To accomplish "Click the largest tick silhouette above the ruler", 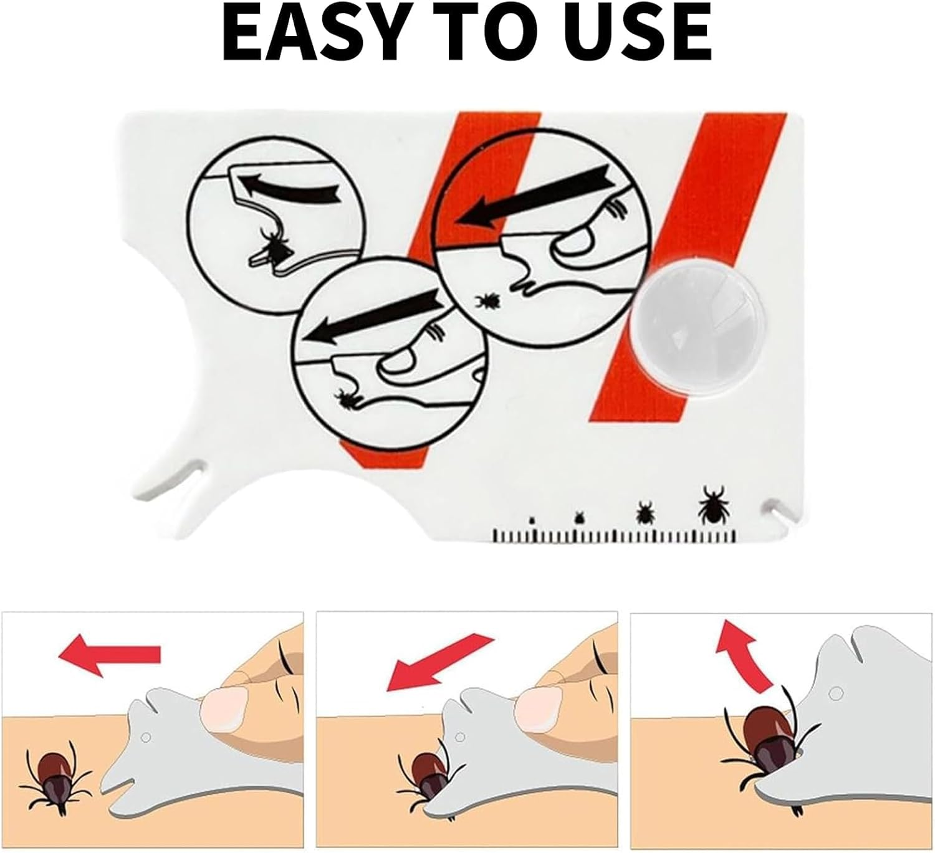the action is tap(712, 503).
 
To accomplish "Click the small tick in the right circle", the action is tap(487, 301).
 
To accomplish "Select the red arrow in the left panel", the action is tap(109, 654).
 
